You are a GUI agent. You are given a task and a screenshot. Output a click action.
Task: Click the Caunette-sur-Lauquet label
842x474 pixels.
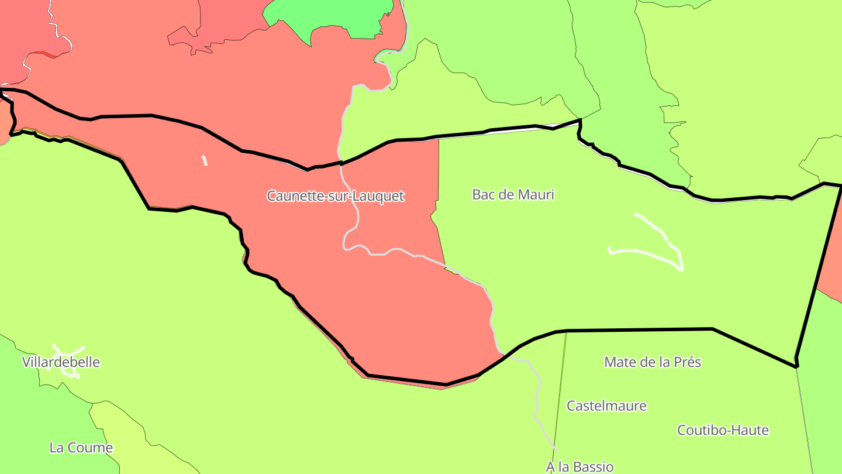[335, 196]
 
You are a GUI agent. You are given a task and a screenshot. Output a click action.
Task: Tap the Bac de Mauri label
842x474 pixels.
[513, 194]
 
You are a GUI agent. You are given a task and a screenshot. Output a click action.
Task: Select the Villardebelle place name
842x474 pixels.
[61, 362]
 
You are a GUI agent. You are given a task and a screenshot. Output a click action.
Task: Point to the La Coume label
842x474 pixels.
[81, 448]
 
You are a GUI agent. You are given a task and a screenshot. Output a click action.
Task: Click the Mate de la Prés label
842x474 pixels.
[653, 362]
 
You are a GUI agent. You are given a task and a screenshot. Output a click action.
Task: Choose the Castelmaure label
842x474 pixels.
[606, 406]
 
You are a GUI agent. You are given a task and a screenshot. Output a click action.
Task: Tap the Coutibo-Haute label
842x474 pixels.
[723, 431]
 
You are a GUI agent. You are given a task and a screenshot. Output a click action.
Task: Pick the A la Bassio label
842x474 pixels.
[579, 466]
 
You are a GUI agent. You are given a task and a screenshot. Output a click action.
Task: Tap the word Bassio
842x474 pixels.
[593, 466]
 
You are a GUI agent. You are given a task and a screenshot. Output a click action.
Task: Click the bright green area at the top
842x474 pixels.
[327, 15]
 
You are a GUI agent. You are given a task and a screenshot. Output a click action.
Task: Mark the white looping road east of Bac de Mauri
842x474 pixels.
[661, 246]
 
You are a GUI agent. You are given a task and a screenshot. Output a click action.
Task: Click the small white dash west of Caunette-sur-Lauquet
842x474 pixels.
[204, 160]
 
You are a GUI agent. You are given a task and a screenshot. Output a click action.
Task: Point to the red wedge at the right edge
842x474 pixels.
[833, 257]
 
